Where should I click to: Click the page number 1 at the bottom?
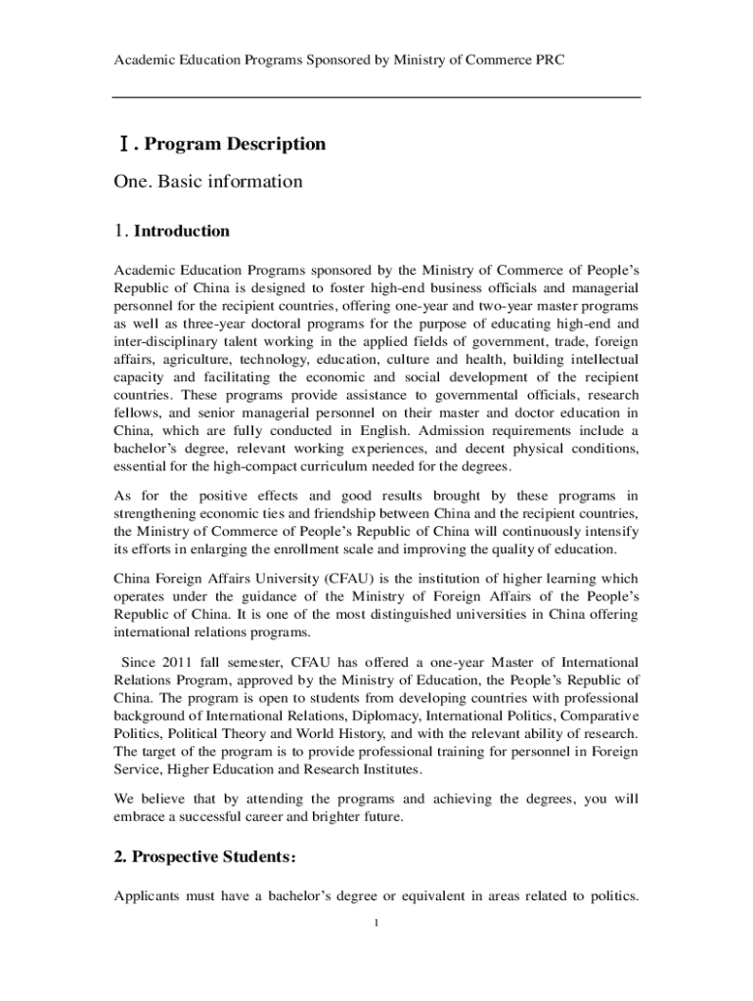(x=376, y=924)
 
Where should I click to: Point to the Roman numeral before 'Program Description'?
(x=121, y=145)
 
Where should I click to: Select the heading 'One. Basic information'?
(x=208, y=182)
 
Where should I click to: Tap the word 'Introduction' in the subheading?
(x=181, y=232)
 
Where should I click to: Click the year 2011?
(x=179, y=663)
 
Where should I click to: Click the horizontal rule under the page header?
(x=376, y=97)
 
